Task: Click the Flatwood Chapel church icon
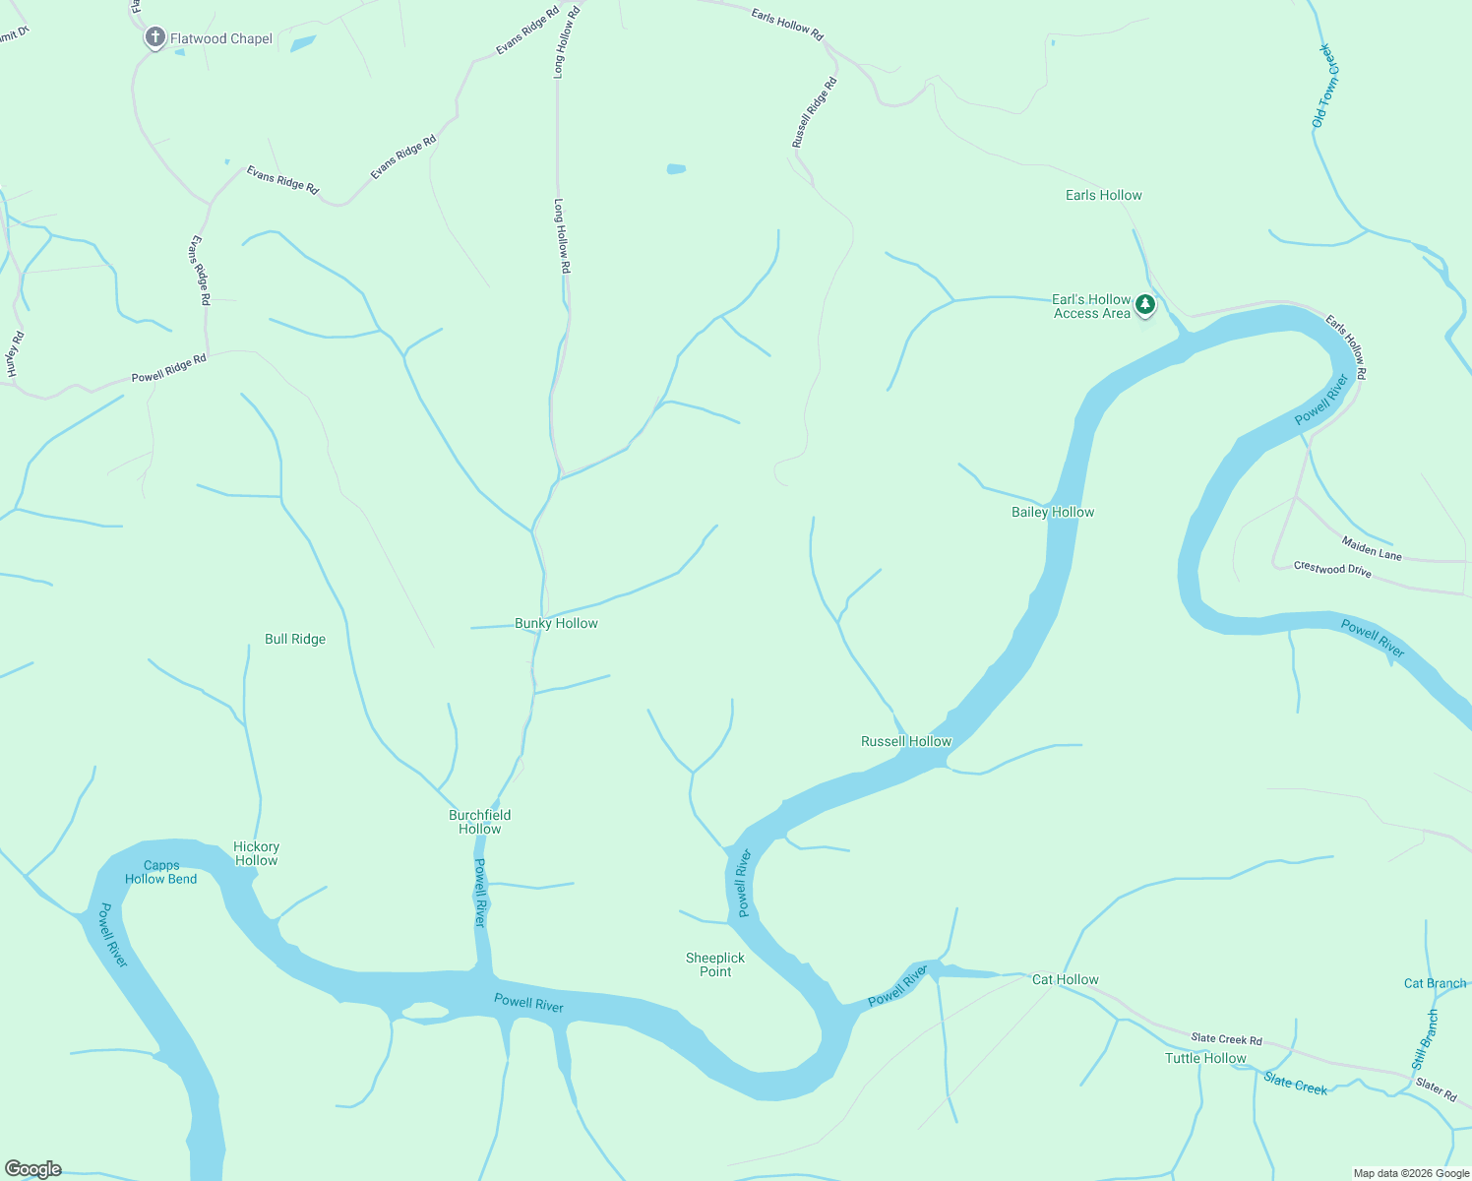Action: point(154,38)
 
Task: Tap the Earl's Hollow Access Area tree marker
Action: point(1144,305)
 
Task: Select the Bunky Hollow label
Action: point(556,623)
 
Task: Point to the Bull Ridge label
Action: point(295,639)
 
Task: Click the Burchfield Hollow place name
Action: point(480,822)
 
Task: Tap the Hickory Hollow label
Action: point(257,853)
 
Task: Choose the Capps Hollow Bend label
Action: point(161,872)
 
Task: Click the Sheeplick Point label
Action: point(715,964)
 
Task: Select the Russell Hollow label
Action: point(906,741)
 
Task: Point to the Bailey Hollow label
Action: point(1053,512)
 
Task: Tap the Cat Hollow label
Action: point(1066,979)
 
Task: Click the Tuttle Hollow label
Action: point(1205,1058)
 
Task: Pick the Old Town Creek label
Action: point(1326,86)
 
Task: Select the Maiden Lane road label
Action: point(1372,548)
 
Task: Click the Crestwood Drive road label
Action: point(1332,569)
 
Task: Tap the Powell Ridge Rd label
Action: point(169,368)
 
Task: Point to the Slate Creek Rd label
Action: point(1226,1038)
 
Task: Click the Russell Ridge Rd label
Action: point(815,112)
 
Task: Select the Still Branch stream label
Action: point(1425,1040)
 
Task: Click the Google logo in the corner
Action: point(33,1169)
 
